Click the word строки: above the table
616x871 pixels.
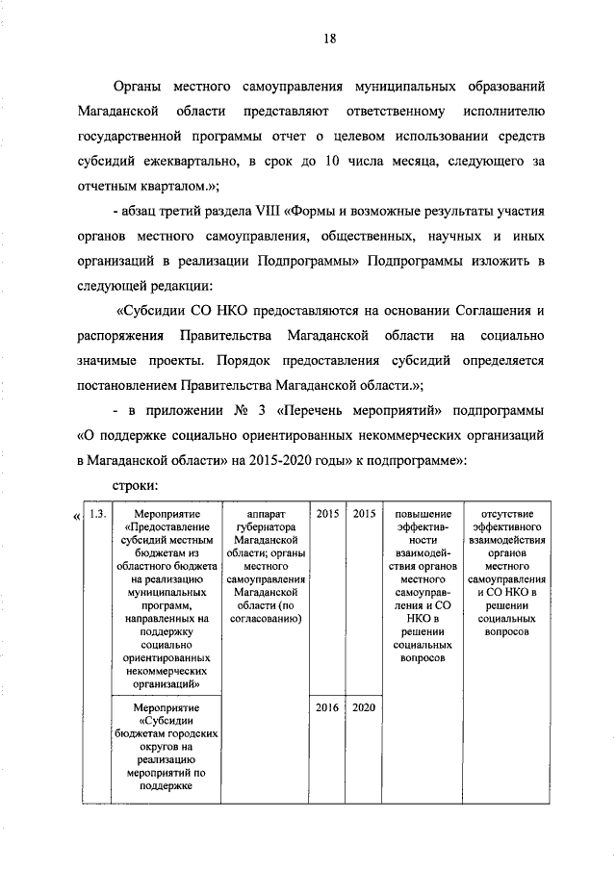135,486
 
